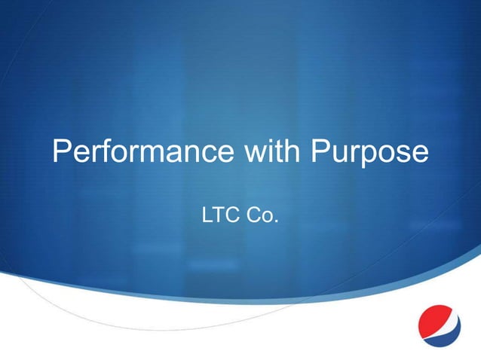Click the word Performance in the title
[142, 153]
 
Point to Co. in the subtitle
[263, 217]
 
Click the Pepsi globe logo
[439, 325]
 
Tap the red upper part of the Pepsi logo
[435, 315]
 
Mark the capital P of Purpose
[321, 153]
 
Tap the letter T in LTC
[220, 217]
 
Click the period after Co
[277, 223]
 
